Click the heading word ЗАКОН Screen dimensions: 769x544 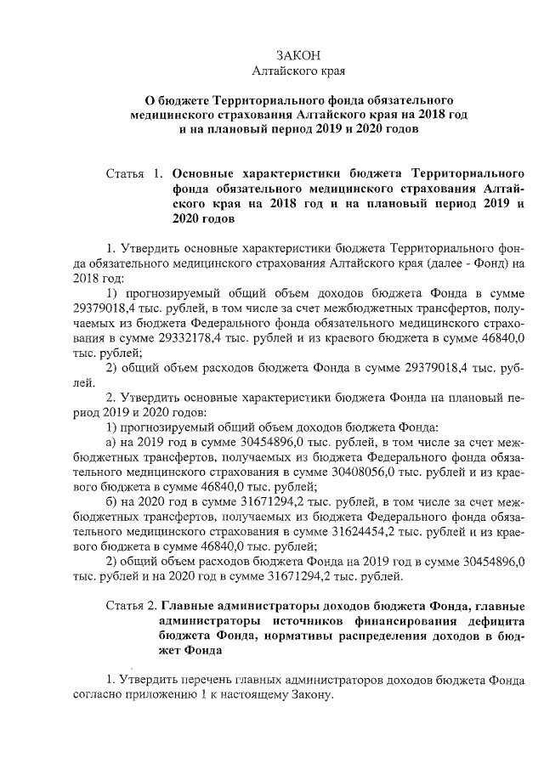point(271,54)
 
